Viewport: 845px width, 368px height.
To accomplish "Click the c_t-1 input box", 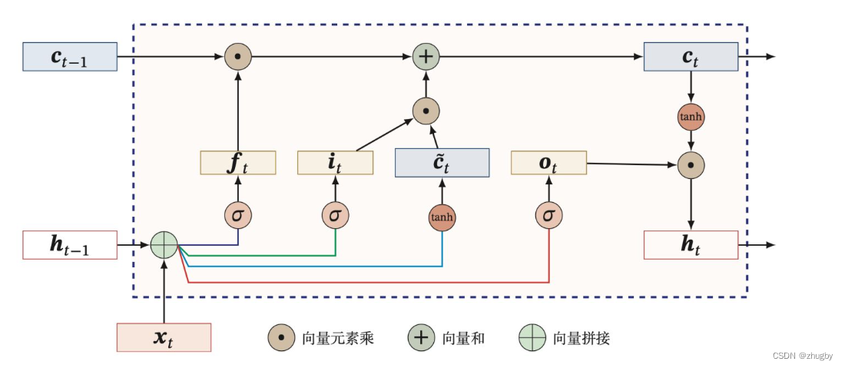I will tap(70, 57).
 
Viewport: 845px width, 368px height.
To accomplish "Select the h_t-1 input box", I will tap(70, 245).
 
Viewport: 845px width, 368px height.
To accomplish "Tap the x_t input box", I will tap(164, 337).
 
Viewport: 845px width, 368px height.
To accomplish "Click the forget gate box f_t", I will tap(238, 163).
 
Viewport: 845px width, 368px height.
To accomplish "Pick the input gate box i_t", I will tap(335, 163).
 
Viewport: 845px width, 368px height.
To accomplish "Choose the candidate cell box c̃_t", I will tap(442, 163).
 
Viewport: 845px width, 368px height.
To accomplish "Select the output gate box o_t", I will tap(548, 163).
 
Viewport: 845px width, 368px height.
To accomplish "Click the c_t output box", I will tap(691, 57).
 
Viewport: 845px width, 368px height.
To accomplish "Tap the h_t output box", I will tap(691, 245).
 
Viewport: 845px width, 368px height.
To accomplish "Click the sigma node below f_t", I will tap(238, 216).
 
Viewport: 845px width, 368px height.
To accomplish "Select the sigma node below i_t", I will tap(335, 216).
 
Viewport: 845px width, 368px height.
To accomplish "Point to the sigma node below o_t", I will tap(548, 216).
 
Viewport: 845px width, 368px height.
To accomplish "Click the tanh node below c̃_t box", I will tap(442, 217).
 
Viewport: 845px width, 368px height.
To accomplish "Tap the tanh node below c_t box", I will tap(691, 117).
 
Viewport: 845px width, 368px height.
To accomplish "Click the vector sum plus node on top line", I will tap(425, 57).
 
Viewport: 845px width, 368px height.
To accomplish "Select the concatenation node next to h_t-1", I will tap(164, 245).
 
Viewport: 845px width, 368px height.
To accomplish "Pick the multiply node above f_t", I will tap(238, 57).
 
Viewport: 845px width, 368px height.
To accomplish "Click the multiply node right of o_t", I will tap(691, 164).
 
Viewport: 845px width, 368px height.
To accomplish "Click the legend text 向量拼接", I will tap(581, 338).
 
